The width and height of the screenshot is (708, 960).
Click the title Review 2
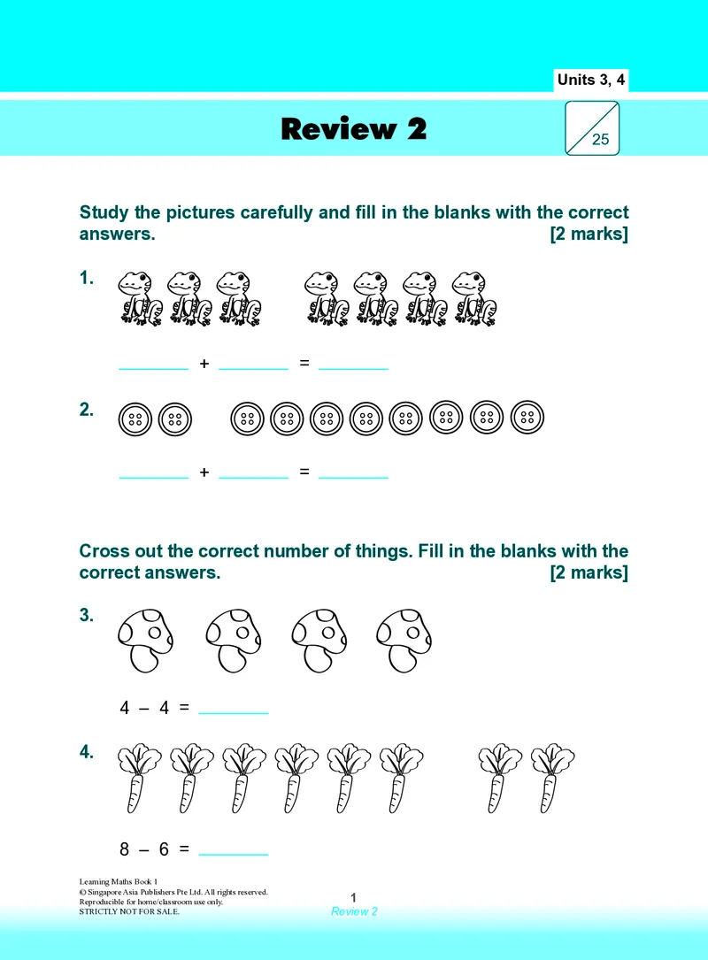353,128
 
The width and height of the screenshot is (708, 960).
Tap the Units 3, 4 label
591,80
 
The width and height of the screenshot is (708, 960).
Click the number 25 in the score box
600,140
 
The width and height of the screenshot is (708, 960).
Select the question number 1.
87,278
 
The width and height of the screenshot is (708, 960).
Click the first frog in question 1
140,298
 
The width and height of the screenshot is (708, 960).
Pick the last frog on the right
474,298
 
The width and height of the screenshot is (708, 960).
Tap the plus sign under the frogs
204,364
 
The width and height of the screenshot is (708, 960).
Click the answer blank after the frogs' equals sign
353,369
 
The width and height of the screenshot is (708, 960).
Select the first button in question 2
135,419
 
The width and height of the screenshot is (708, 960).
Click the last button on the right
527,418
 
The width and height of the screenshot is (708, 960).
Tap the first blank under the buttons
154,478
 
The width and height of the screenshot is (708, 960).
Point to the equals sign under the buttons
304,472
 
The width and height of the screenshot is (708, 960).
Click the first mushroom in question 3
145,641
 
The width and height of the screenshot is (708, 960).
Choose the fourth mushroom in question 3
404,641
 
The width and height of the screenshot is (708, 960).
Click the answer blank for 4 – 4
234,713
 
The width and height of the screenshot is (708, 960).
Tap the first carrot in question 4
139,778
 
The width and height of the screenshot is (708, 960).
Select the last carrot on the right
552,778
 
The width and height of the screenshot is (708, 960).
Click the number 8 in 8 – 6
124,849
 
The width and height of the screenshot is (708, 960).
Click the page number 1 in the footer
353,897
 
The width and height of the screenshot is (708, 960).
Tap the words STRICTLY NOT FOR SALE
129,911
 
